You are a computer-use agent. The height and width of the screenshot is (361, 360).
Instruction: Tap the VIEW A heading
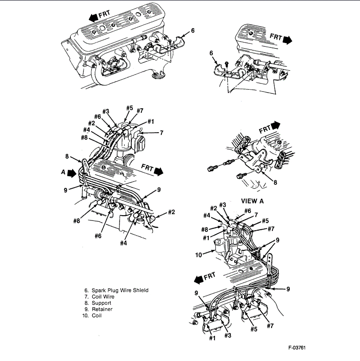click(252, 200)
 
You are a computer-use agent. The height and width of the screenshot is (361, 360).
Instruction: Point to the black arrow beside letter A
click(71, 173)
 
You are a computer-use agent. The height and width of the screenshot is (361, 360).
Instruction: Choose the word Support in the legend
click(101, 303)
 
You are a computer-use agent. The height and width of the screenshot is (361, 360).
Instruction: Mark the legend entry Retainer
click(102, 309)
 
